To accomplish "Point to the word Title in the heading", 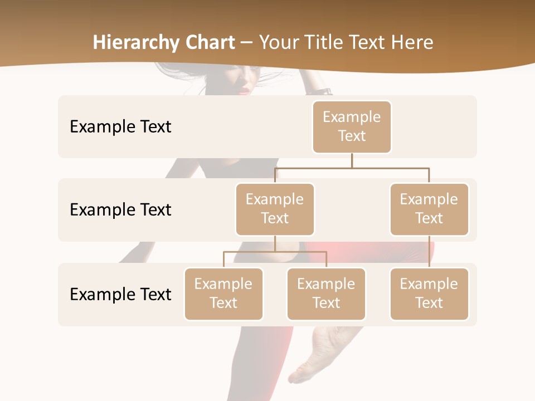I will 330,43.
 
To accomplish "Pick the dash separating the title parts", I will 247,43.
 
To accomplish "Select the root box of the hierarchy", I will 352,126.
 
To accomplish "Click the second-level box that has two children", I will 275,209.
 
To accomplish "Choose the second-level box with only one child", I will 429,209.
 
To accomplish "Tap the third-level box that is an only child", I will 429,294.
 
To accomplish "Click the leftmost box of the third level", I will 223,294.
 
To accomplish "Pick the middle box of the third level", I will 326,294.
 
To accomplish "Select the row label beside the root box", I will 120,126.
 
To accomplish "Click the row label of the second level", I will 120,209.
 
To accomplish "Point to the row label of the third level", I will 120,294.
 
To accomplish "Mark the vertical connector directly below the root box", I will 352,160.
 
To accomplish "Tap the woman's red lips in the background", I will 244,90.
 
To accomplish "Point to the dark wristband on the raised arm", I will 322,91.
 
